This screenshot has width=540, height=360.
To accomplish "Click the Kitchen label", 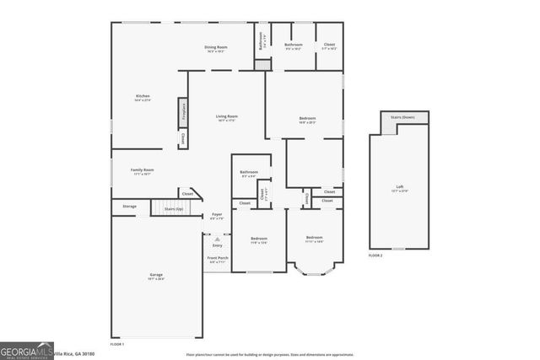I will click(x=143, y=98).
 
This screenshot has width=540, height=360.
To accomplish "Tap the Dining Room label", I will click(x=217, y=49).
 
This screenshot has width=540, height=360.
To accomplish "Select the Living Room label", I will click(x=226, y=117).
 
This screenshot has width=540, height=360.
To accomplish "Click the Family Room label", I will click(x=142, y=171).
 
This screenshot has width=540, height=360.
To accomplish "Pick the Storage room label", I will click(x=129, y=206).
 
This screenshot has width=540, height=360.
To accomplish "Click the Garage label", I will click(x=156, y=277).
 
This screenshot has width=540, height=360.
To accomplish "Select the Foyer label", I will click(x=217, y=216).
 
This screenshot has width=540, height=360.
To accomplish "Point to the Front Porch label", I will click(x=217, y=259).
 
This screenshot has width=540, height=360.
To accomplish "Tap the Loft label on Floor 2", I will click(x=400, y=188).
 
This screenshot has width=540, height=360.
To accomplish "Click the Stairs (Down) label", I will click(x=402, y=117).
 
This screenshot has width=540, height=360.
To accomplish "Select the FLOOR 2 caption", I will click(x=375, y=255).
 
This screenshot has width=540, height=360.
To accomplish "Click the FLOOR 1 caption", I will click(x=117, y=344).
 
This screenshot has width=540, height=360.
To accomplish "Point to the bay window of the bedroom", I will click(x=314, y=268).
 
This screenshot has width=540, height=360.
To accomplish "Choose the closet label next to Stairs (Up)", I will click(x=186, y=193).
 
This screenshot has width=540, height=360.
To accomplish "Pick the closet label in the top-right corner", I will click(x=329, y=46).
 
